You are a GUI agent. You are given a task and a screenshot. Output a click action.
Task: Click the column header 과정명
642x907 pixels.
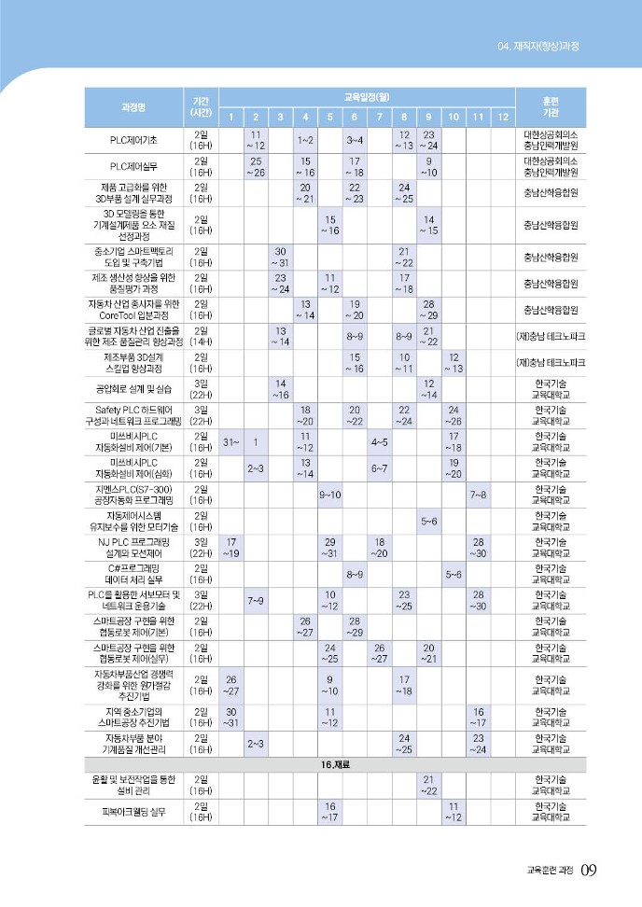pos(133,105)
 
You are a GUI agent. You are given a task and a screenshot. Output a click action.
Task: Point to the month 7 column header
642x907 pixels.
pos(380,117)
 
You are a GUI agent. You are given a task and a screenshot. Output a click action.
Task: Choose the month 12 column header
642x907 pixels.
pos(502,117)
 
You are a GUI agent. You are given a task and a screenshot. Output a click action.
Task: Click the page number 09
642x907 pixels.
pos(588,870)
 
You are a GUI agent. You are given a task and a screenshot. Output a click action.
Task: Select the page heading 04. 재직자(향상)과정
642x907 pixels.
pos(546,45)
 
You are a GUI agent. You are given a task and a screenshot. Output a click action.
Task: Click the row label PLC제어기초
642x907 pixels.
pos(133,140)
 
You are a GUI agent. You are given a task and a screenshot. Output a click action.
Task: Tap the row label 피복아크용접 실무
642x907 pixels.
pos(133,811)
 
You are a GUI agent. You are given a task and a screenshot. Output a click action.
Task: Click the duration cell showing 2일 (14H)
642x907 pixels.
pos(201,336)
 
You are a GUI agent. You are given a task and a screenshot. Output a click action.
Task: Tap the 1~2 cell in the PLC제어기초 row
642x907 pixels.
pos(305,140)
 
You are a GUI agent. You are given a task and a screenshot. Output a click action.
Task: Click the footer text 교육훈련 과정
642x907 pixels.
pos(544,871)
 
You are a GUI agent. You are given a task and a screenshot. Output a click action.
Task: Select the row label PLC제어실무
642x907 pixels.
pos(133,166)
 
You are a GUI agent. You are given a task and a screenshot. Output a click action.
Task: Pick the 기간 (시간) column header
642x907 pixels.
pos(201,105)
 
